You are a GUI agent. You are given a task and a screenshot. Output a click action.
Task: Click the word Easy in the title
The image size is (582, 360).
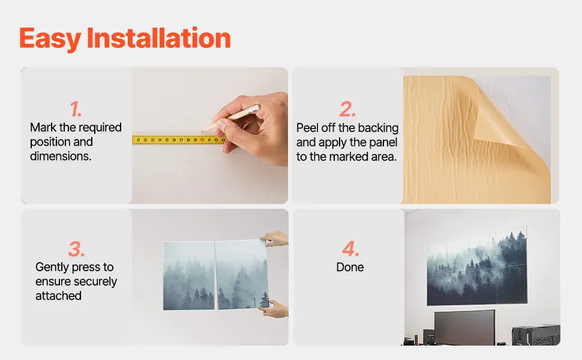50,39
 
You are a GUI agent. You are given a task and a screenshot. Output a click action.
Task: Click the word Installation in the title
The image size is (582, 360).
159,38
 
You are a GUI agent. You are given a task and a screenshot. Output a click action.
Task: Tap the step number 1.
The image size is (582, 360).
76,109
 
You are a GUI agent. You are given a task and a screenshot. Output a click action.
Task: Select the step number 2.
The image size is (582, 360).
347,109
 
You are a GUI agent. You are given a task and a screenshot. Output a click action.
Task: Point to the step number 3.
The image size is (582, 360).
76,248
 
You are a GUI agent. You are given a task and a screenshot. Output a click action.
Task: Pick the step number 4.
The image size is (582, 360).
350,248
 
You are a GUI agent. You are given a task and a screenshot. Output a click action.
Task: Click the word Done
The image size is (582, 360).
350,267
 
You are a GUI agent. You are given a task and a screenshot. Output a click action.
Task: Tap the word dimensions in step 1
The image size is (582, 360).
61,156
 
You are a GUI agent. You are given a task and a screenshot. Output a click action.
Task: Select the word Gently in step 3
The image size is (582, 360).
53,268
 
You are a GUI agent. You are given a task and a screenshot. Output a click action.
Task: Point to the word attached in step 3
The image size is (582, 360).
58,296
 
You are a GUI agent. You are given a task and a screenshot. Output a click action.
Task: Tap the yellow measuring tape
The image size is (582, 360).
179,140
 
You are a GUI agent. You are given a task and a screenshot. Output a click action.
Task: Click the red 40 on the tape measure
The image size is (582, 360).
202,140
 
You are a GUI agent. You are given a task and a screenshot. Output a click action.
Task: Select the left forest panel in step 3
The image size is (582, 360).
189,275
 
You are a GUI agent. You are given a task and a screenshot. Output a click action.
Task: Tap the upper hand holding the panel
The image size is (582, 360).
275,238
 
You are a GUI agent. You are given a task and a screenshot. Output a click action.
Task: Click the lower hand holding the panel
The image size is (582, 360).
275,310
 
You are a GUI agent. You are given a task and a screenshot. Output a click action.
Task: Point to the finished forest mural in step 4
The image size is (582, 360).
477,265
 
